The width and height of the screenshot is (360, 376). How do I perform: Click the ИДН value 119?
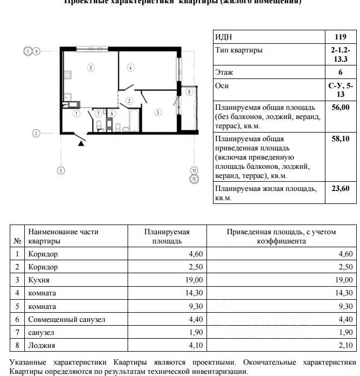click(x=341, y=37)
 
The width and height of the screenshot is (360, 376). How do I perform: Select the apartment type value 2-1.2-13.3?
click(x=341, y=55)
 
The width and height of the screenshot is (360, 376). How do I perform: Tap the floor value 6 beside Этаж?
click(x=341, y=72)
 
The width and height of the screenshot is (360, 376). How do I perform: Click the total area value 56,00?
click(x=341, y=107)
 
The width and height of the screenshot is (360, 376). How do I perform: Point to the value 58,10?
click(x=341, y=139)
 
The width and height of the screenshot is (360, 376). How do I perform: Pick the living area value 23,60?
click(x=341, y=189)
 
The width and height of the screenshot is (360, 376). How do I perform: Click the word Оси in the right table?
click(x=222, y=85)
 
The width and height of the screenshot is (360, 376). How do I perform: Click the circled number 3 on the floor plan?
click(x=91, y=68)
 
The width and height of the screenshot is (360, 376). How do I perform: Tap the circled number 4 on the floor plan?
click(x=131, y=68)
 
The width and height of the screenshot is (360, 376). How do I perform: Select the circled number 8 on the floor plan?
click(x=188, y=92)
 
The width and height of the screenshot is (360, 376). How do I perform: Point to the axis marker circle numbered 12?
click(x=194, y=178)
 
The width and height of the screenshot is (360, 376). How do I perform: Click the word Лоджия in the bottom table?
click(x=42, y=345)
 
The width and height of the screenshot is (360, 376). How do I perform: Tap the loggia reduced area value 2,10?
click(x=344, y=345)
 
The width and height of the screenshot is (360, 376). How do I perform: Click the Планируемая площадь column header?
click(x=166, y=236)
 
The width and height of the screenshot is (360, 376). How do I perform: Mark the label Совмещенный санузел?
click(x=66, y=319)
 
